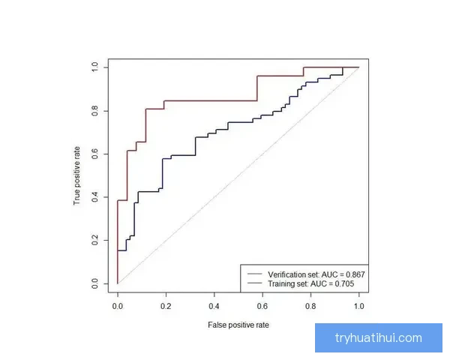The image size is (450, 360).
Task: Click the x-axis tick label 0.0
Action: click(118, 306)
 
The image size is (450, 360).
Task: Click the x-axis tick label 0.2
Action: click(166, 306)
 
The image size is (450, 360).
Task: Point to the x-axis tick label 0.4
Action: click(214, 306)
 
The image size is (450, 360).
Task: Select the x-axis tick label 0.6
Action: click(262, 306)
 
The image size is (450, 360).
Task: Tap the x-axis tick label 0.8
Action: click(310, 306)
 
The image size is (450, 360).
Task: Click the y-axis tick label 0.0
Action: click(94, 283)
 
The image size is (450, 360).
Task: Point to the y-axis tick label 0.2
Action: click(94, 240)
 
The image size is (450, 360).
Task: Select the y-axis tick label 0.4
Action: click(94, 197)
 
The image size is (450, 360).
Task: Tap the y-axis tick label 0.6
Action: click(94, 154)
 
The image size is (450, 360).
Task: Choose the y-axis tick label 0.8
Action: click(94, 111)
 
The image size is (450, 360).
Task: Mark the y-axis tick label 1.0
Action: click(94, 67)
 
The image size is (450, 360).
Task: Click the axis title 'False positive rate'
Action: click(238, 325)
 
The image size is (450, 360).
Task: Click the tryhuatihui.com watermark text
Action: click(378, 338)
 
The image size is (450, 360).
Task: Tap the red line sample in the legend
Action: click(253, 274)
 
